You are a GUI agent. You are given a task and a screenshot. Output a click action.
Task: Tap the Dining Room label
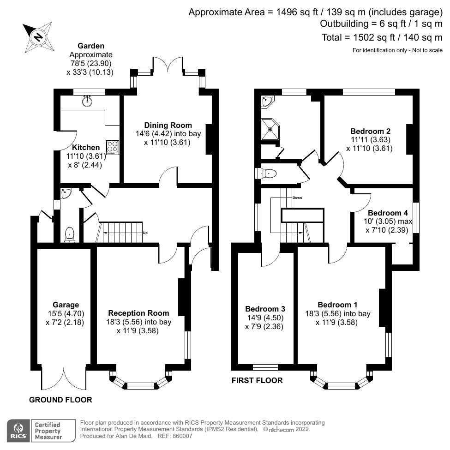[168, 125]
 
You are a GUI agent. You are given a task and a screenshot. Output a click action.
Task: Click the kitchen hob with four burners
[113, 147]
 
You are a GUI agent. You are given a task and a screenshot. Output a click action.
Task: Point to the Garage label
[66, 305]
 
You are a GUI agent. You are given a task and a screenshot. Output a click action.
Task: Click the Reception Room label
[138, 313]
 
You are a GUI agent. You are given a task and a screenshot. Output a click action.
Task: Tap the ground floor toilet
[70, 234]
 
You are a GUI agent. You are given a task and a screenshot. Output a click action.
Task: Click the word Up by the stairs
[145, 233]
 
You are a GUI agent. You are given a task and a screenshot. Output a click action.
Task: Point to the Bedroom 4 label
[388, 213]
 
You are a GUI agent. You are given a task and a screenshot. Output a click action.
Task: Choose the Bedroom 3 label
[265, 309]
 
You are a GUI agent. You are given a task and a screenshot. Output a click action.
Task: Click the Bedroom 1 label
[337, 305]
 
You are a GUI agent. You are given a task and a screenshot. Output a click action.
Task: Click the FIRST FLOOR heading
[257, 380]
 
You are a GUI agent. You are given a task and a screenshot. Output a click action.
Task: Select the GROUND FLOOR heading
[60, 400]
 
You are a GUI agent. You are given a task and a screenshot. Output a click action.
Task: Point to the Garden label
[90, 46]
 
